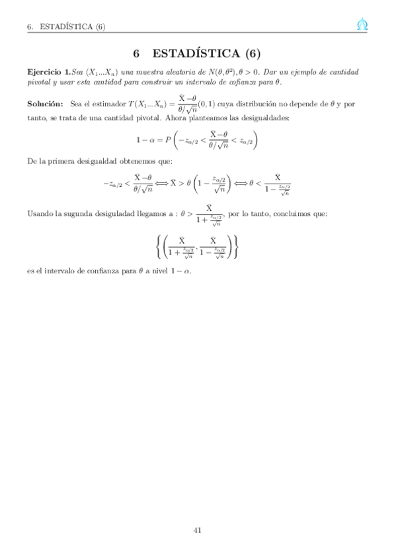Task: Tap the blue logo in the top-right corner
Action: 362,26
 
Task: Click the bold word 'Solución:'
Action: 45,104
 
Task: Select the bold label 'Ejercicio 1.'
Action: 48,71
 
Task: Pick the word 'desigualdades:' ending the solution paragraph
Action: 261,118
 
